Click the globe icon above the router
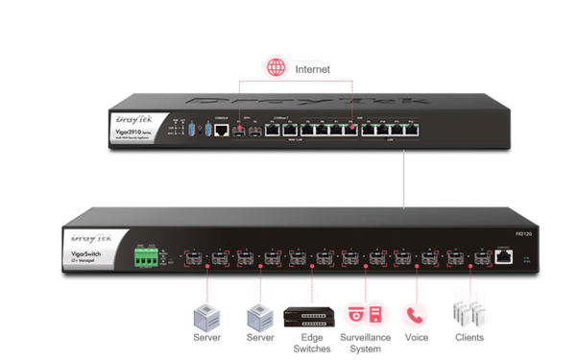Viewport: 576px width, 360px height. click(x=276, y=68)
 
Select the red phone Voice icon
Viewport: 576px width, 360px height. click(x=415, y=315)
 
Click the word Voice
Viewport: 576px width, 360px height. click(x=416, y=338)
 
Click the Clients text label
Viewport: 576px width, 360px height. click(x=469, y=338)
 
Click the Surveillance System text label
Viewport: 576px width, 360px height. click(x=361, y=344)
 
